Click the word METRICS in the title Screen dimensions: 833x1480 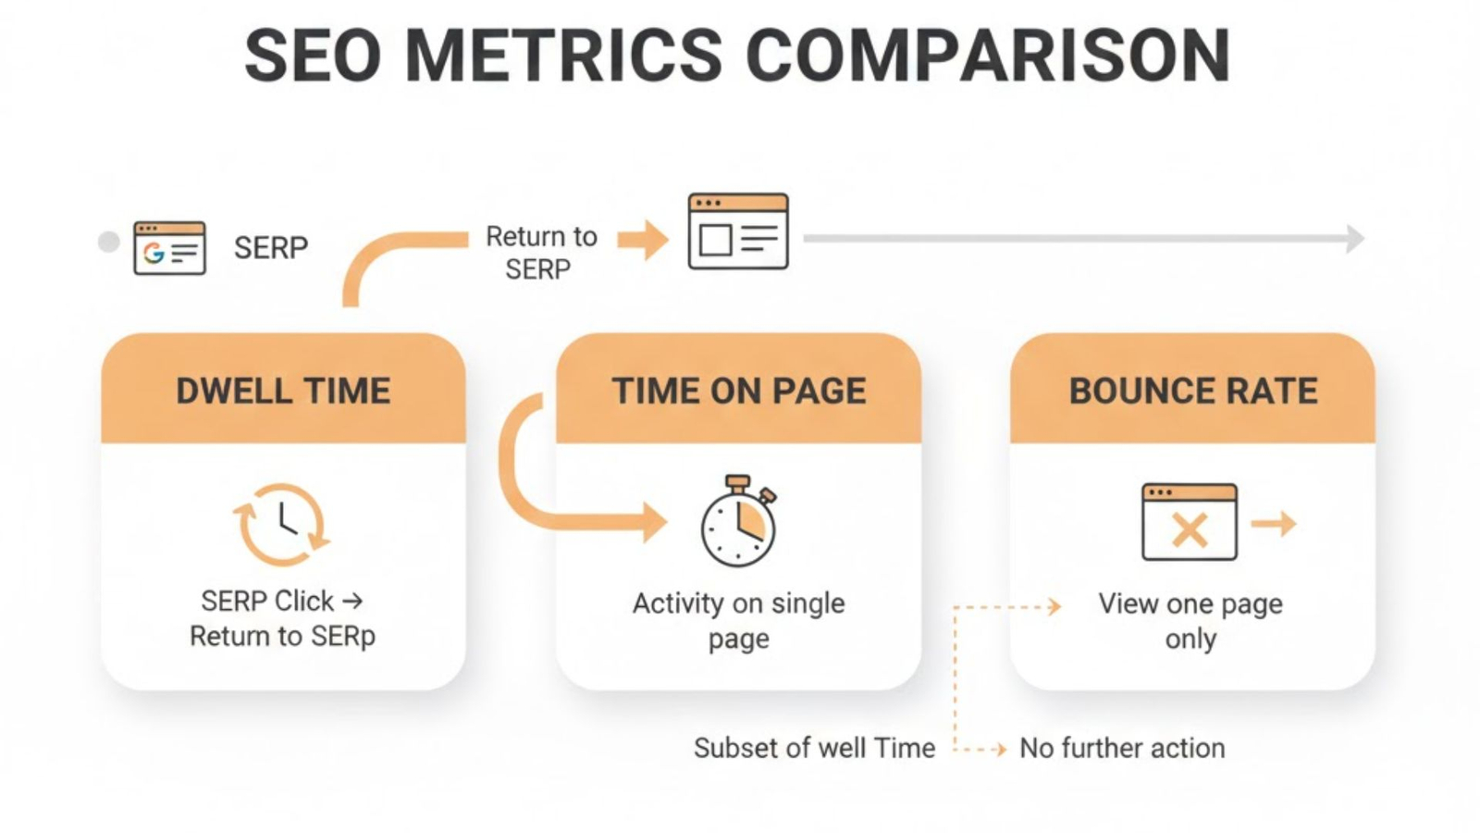(x=562, y=56)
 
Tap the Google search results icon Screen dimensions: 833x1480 (x=169, y=248)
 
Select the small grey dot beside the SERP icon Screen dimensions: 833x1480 (x=108, y=242)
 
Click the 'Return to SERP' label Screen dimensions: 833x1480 (x=540, y=253)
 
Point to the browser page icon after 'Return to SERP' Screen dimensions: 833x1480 (x=738, y=232)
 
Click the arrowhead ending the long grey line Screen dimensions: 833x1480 (x=1355, y=239)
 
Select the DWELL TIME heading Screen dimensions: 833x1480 (x=283, y=391)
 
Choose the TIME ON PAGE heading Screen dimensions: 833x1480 (x=738, y=391)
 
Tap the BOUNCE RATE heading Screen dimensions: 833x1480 (x=1192, y=391)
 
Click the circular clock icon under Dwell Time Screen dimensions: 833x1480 (x=281, y=524)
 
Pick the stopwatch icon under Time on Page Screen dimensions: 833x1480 (x=738, y=523)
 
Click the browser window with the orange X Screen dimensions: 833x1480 (x=1189, y=522)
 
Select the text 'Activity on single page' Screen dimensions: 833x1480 (x=738, y=620)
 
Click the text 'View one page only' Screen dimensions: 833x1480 (x=1190, y=620)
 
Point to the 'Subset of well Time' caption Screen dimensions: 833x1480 (x=814, y=748)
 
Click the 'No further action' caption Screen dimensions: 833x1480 (x=1122, y=748)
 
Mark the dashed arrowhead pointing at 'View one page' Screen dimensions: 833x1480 (x=1054, y=607)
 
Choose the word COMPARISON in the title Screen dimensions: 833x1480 (x=988, y=56)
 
